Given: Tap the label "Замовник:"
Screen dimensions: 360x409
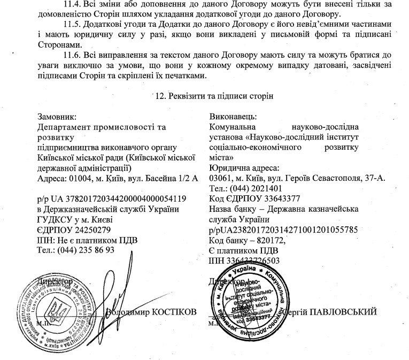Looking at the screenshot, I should (x=57, y=117).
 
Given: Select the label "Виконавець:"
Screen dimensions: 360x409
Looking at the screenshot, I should (x=234, y=117).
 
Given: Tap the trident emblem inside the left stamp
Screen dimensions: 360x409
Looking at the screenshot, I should (x=54, y=309).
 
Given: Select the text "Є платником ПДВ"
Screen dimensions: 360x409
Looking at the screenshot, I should (x=242, y=250).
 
